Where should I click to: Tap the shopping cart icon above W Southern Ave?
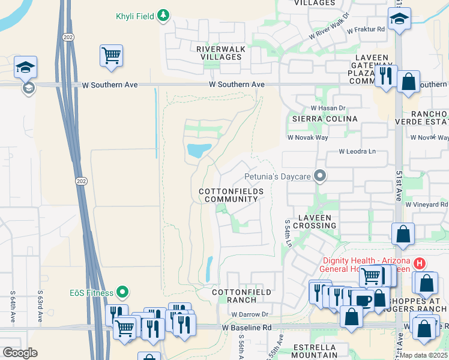click(111, 56)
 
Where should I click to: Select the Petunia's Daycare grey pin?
click(321, 176)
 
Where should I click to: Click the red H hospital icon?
click(420, 263)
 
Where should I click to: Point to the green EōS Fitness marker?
click(123, 293)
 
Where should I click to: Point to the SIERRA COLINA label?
click(324, 119)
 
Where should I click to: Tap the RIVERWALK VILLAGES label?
click(218, 53)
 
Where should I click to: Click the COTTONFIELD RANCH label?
click(243, 296)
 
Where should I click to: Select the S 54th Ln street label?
click(288, 233)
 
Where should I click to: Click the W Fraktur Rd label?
click(364, 29)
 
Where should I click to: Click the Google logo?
click(20, 353)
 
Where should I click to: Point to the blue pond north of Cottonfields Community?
click(199, 150)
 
